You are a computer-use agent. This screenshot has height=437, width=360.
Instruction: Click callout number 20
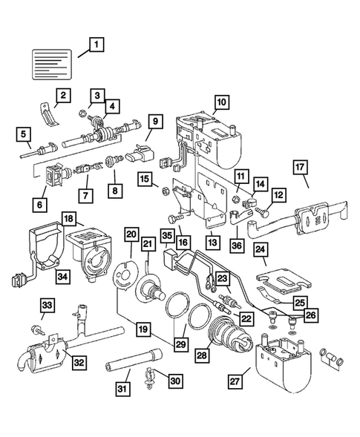click(132, 234)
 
